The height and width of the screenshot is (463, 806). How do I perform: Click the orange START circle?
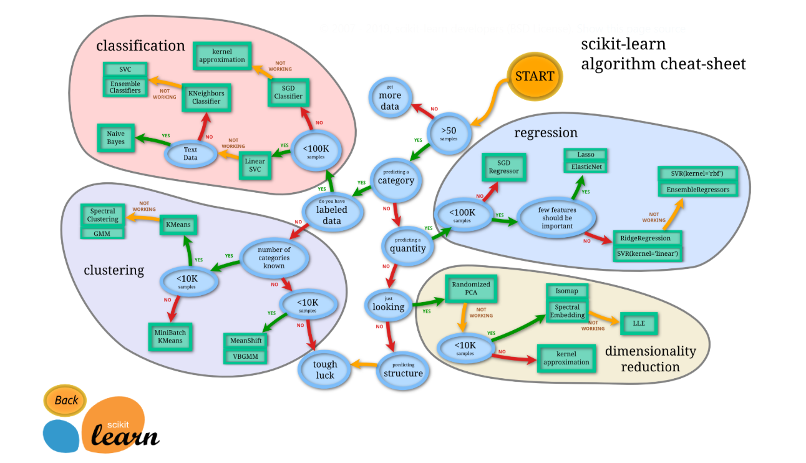[x=534, y=76]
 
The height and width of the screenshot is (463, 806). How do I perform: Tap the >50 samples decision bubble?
[x=449, y=132]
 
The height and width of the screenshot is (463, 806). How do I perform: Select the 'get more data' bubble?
[x=390, y=99]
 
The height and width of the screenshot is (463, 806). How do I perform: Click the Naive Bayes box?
[x=115, y=138]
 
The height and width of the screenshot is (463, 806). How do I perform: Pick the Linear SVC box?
[x=255, y=165]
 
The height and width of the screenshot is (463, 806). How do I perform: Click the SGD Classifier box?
[x=288, y=93]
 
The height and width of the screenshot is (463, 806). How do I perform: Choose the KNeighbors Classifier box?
[x=206, y=97]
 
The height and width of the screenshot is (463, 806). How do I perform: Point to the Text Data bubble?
[x=190, y=154]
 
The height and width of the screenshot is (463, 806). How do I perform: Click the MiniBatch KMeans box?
[x=170, y=337]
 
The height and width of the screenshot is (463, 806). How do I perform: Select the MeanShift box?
[x=245, y=341]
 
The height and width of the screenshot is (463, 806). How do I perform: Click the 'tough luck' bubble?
[x=324, y=369]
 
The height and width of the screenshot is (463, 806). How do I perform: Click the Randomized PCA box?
[x=471, y=289]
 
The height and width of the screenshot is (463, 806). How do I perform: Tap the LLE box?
[x=638, y=324]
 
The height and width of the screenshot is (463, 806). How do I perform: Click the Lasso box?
[x=586, y=155]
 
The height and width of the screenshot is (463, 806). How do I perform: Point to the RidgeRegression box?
[x=645, y=238]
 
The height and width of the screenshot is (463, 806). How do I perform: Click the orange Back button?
[x=66, y=400]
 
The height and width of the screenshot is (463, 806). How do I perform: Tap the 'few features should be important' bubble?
[x=557, y=218]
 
